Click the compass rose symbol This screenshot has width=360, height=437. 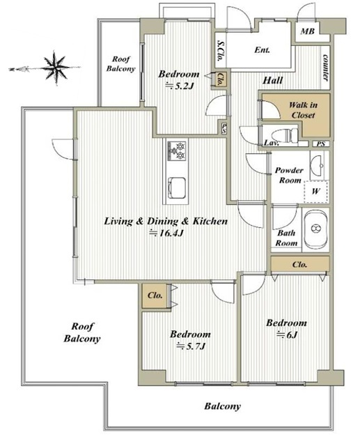[x=56, y=68]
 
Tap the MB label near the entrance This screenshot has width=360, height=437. [x=308, y=31]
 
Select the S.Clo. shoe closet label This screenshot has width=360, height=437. [x=220, y=51]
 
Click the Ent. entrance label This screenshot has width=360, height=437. [x=263, y=50]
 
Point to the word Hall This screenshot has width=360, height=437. [x=273, y=81]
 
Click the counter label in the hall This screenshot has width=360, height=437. [x=325, y=68]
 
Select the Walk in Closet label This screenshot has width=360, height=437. [x=303, y=110]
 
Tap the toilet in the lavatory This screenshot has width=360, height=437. [x=285, y=136]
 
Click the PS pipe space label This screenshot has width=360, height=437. [x=321, y=144]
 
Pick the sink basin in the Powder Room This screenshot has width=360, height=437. [x=318, y=165]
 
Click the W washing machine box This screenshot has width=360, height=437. [x=315, y=192]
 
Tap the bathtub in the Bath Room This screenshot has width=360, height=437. [x=315, y=229]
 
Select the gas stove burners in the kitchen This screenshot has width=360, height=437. [x=177, y=151]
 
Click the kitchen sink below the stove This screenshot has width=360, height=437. [x=177, y=188]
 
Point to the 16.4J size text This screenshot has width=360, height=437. [x=166, y=233]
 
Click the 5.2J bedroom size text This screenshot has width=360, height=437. [x=180, y=86]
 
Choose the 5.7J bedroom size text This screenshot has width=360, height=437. [x=191, y=346]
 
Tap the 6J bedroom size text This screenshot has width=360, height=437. [x=287, y=335]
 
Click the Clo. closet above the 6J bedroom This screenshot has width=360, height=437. [x=300, y=264]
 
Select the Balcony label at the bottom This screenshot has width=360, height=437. [x=222, y=406]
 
